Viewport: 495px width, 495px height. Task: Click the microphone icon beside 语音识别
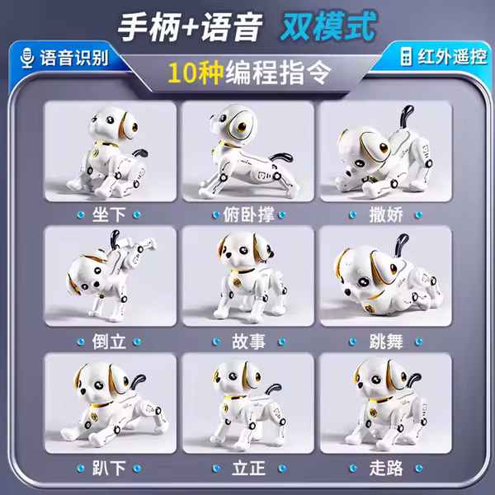27,58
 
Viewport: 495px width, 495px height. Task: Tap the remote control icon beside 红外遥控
406,56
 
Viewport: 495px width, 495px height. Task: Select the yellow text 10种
196,73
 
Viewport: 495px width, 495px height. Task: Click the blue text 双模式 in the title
328,26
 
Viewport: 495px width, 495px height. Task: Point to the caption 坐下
109,214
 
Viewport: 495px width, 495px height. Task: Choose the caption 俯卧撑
248,214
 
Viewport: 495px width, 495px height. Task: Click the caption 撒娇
386,214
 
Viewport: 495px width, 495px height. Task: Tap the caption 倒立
109,342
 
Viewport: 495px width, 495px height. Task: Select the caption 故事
248,342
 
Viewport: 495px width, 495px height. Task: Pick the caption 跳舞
386,342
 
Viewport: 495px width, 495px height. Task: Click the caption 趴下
109,468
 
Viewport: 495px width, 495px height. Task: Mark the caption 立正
248,468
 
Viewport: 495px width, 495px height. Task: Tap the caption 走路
386,468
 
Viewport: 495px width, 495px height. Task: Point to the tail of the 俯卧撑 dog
282,157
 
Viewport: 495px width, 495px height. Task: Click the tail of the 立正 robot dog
272,389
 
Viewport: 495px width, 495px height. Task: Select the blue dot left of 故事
216,342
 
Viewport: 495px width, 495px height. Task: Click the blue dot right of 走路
418,468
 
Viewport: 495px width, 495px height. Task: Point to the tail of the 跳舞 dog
401,245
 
